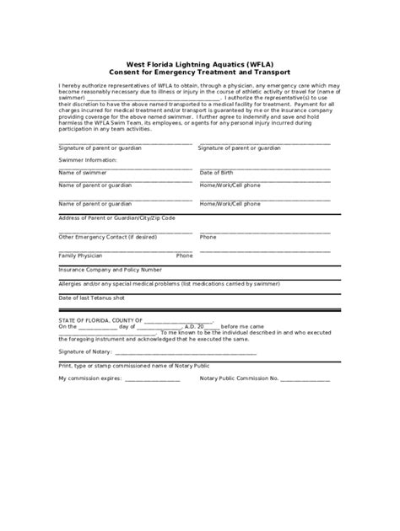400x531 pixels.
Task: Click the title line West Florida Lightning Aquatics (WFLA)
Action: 200,64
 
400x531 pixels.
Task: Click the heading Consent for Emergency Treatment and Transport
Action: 200,72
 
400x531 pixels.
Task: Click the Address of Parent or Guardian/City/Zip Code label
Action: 117,217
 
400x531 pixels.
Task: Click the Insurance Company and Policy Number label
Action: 110,271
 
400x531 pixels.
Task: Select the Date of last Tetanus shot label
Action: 91,298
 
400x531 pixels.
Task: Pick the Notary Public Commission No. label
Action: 239,378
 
